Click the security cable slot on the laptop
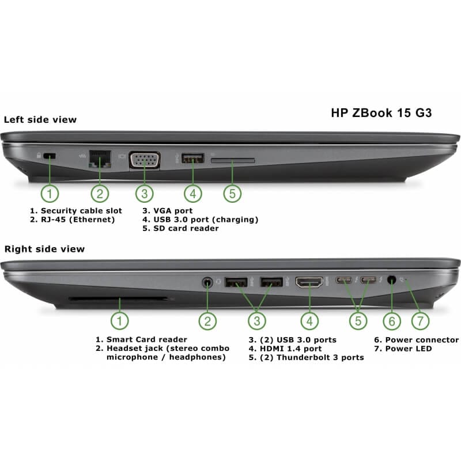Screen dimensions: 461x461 [50, 156]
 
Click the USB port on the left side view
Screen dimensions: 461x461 [192, 157]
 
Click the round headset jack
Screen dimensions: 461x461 [208, 282]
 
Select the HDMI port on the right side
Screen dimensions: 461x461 [309, 282]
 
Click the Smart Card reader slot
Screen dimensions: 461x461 [119, 299]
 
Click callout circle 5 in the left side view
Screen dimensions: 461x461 [232, 193]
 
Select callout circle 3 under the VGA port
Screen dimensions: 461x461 [144, 193]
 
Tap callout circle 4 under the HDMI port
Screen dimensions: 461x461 [309, 320]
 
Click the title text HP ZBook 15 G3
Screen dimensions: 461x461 [381, 113]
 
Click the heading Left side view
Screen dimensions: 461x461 [40, 120]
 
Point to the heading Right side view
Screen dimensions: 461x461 [44, 249]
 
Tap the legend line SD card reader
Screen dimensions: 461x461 [181, 228]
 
